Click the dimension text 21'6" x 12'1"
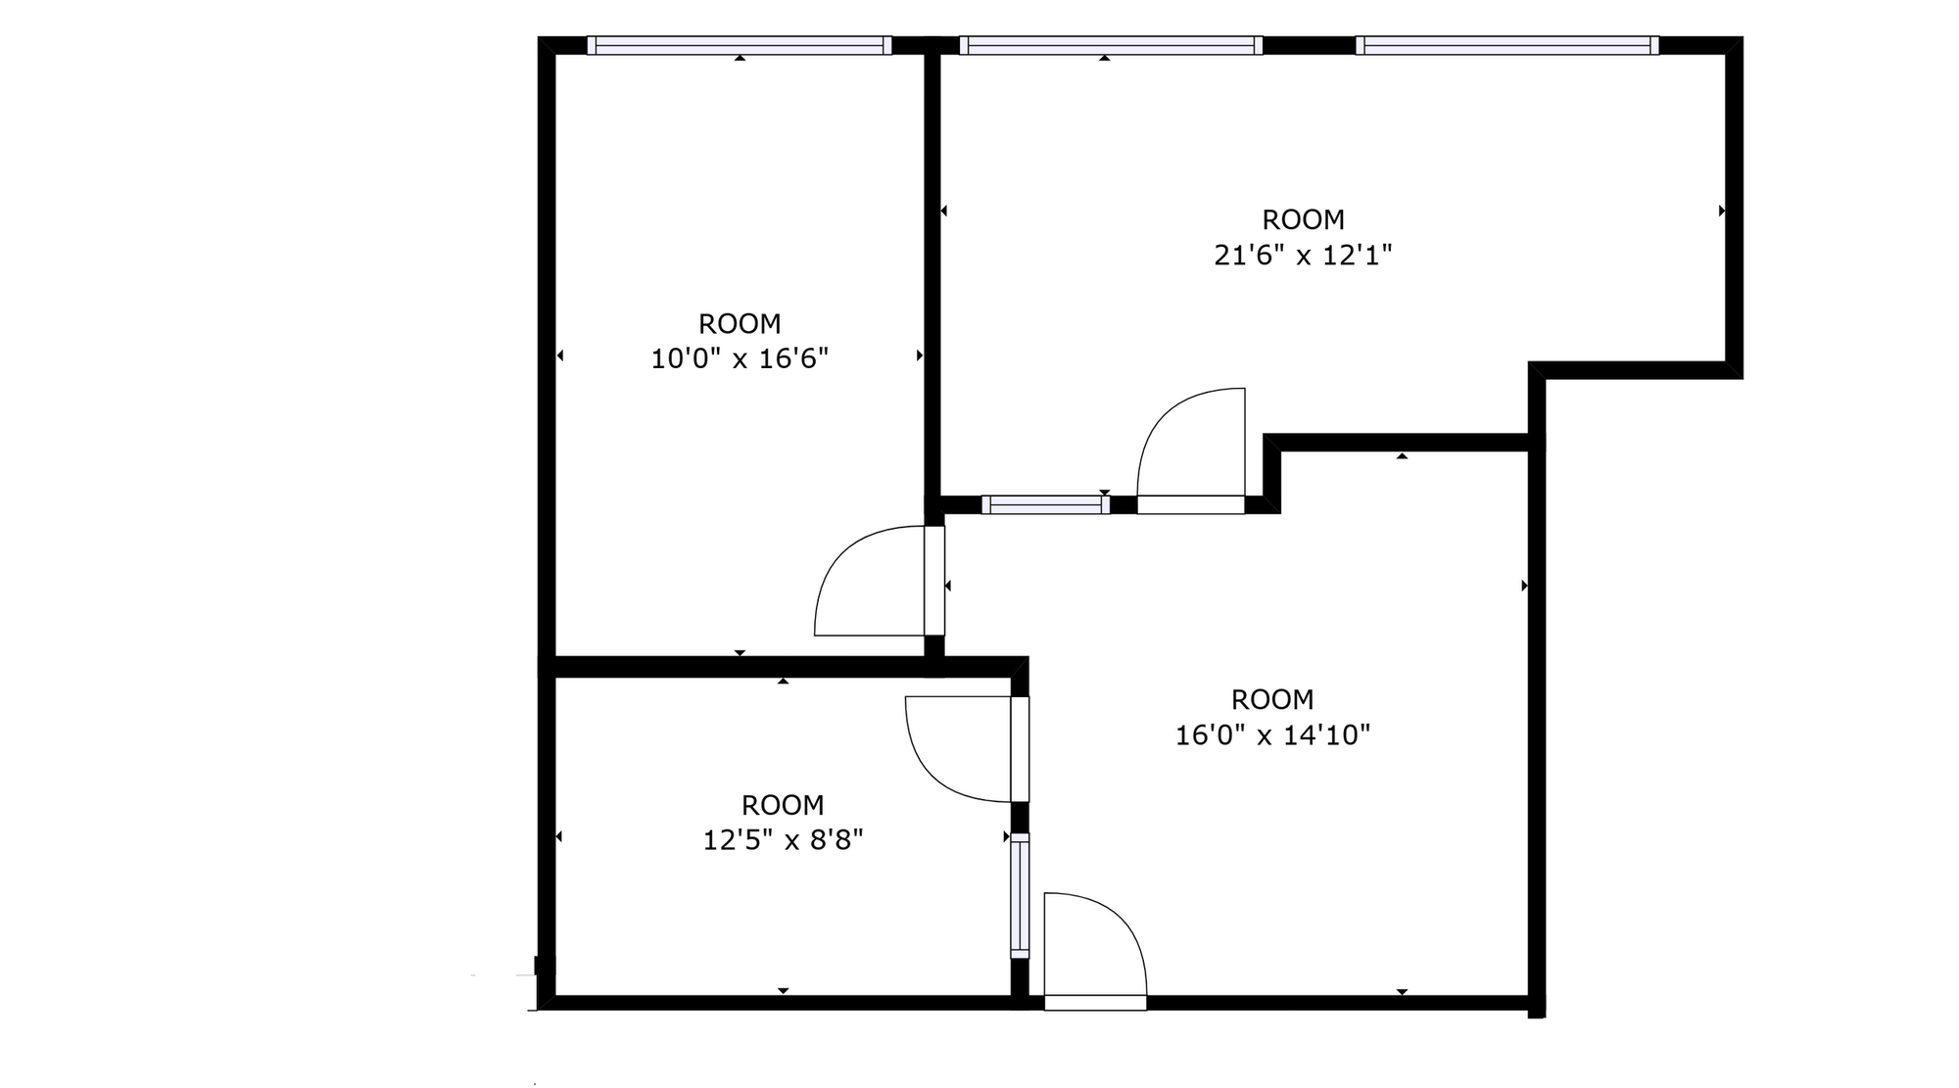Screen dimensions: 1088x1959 click(x=1303, y=256)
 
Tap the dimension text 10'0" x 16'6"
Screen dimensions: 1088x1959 click(x=740, y=359)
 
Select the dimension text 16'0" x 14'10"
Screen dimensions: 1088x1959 click(x=1271, y=735)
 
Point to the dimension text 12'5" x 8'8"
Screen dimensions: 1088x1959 click(x=783, y=840)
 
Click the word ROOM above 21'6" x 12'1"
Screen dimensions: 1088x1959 click(x=1303, y=219)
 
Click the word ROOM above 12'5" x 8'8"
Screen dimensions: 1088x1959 click(x=783, y=805)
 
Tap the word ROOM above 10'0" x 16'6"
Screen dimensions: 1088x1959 click(x=740, y=323)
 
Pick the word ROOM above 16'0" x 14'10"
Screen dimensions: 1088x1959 click(x=1271, y=699)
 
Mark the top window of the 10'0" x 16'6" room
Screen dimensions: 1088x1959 click(x=740, y=45)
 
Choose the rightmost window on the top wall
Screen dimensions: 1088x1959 click(x=1506, y=45)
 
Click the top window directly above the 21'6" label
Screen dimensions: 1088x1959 click(x=1111, y=45)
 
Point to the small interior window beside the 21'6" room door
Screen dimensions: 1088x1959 click(x=1045, y=505)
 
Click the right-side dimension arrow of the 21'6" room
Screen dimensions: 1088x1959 click(x=1721, y=211)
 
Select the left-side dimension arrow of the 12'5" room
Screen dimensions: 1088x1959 click(x=559, y=836)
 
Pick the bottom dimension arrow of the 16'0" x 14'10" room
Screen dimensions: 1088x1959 click(x=1402, y=992)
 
